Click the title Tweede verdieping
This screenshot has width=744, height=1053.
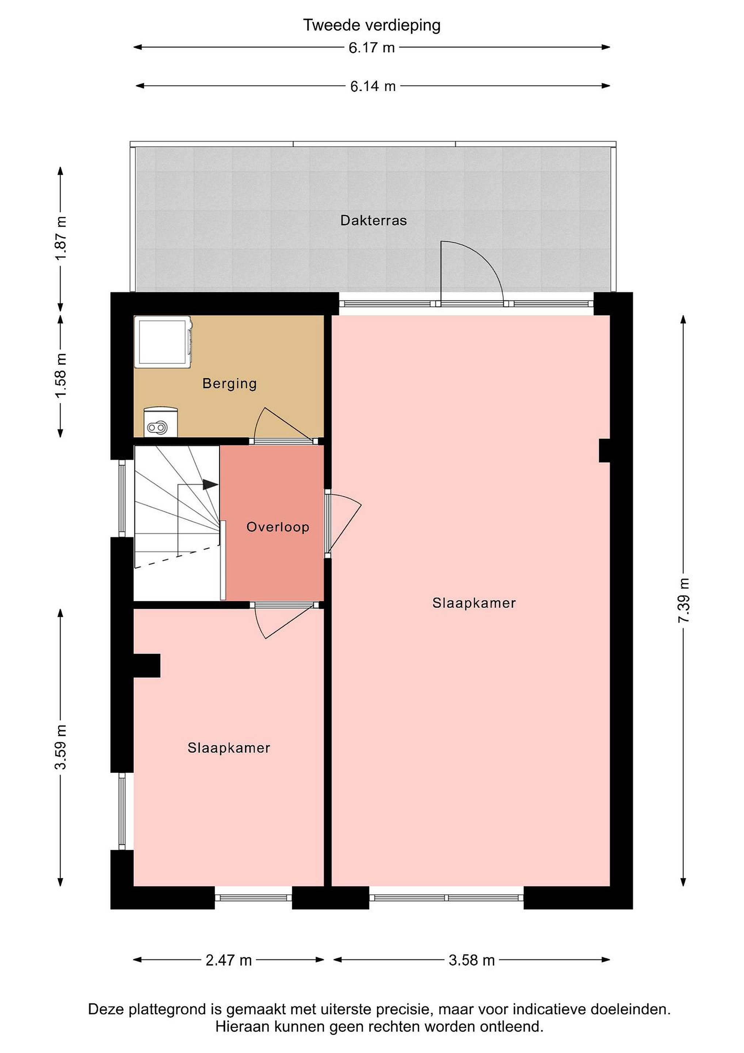[x=371, y=25]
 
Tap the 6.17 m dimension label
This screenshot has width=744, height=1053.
[x=371, y=48]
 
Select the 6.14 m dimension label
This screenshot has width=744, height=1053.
[x=373, y=86]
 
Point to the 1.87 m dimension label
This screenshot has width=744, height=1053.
[x=61, y=238]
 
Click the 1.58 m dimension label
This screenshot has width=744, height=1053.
[x=61, y=375]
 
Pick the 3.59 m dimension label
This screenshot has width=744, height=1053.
[x=61, y=747]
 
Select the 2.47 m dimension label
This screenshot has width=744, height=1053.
[x=229, y=960]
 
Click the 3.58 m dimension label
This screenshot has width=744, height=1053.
[x=472, y=960]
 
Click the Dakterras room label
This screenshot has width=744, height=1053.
[x=373, y=220]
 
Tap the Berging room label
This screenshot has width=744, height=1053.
[x=229, y=384]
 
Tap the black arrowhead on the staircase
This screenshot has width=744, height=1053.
[x=211, y=484]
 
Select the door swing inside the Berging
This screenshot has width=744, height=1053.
[x=275, y=420]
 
